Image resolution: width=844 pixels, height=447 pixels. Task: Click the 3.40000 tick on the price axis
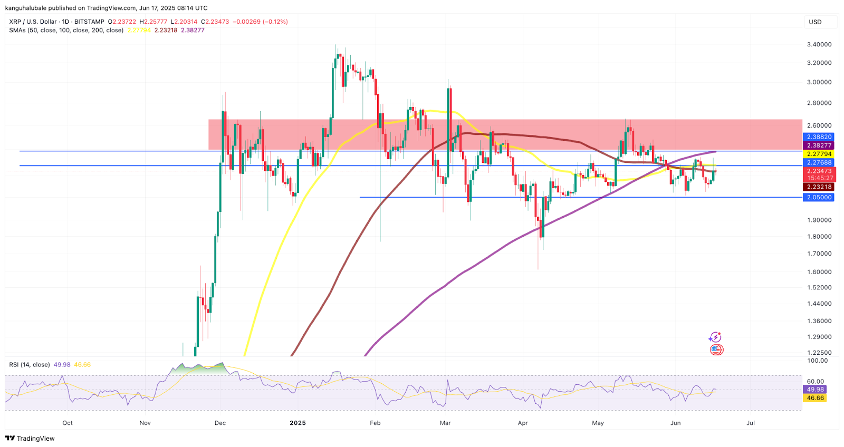[819, 44]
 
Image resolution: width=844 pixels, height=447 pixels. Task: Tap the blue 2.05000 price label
[819, 197]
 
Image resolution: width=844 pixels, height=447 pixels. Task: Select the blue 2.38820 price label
[819, 137]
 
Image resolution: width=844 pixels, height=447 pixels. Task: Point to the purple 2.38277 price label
[819, 145]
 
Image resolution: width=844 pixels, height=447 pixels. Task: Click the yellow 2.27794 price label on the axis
[819, 154]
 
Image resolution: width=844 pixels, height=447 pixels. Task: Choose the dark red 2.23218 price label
[819, 187]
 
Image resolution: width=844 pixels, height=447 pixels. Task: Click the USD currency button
[815, 22]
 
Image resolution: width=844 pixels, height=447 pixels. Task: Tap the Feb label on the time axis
[375, 423]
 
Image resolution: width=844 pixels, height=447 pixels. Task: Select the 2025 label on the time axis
[298, 423]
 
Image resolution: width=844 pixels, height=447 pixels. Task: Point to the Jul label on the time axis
[751, 423]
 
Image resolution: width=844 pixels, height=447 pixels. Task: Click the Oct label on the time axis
[68, 423]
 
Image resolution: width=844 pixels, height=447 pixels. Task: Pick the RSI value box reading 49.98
[816, 390]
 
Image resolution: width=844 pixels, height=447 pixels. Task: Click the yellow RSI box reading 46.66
[816, 398]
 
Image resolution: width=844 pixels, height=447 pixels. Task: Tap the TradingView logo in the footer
[30, 439]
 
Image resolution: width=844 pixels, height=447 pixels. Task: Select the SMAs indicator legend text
[66, 30]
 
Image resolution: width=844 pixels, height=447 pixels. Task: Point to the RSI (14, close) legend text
[30, 365]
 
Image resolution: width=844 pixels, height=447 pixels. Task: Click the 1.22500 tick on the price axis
[819, 353]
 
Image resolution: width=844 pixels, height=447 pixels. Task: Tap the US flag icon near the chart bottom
[716, 349]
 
